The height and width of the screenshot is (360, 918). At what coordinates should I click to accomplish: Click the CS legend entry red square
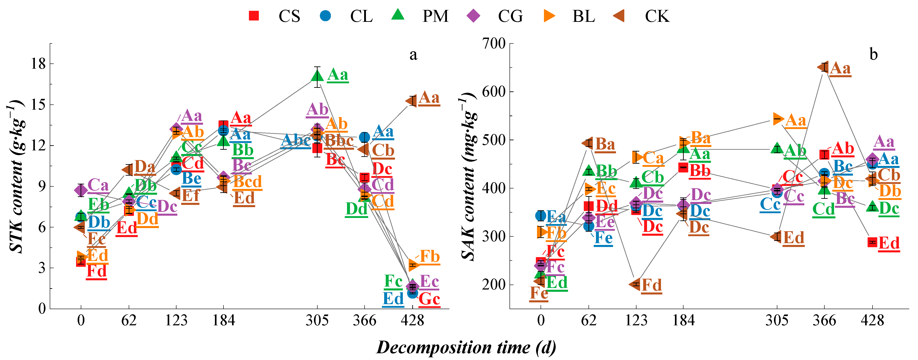254,16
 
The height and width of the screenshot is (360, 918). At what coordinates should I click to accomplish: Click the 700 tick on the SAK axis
494,44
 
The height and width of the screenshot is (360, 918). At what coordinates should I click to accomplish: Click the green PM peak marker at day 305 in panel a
317,76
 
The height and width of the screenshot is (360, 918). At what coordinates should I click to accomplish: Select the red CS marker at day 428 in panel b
872,242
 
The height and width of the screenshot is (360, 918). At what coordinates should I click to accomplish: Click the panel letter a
413,55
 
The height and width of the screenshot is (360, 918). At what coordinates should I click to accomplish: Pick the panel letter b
873,54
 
